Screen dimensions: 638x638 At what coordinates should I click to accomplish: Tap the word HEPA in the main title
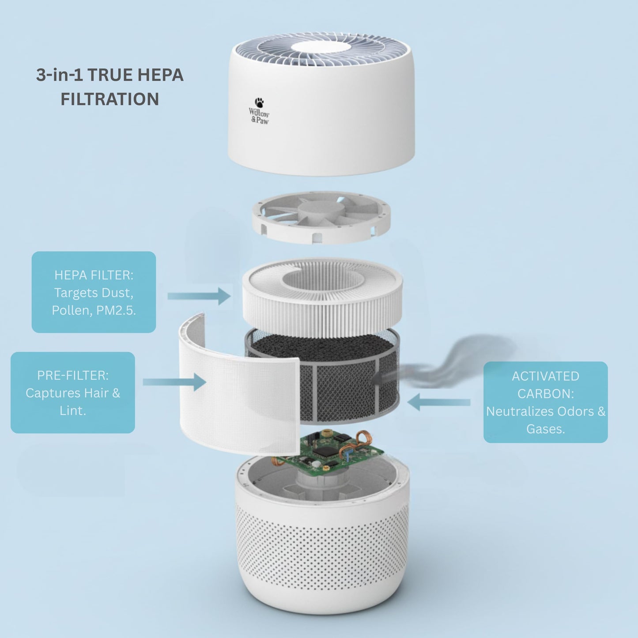tap(160, 75)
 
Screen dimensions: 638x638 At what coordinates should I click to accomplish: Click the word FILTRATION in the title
tap(109, 99)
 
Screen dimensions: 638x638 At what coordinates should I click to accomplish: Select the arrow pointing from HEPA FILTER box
tap(199, 295)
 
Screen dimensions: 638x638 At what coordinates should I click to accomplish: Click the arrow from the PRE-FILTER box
tap(174, 382)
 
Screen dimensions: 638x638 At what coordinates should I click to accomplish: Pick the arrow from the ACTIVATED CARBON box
tap(438, 402)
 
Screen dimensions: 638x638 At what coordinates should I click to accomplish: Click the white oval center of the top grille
tap(321, 47)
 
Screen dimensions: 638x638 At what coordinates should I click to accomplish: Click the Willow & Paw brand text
tap(259, 116)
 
